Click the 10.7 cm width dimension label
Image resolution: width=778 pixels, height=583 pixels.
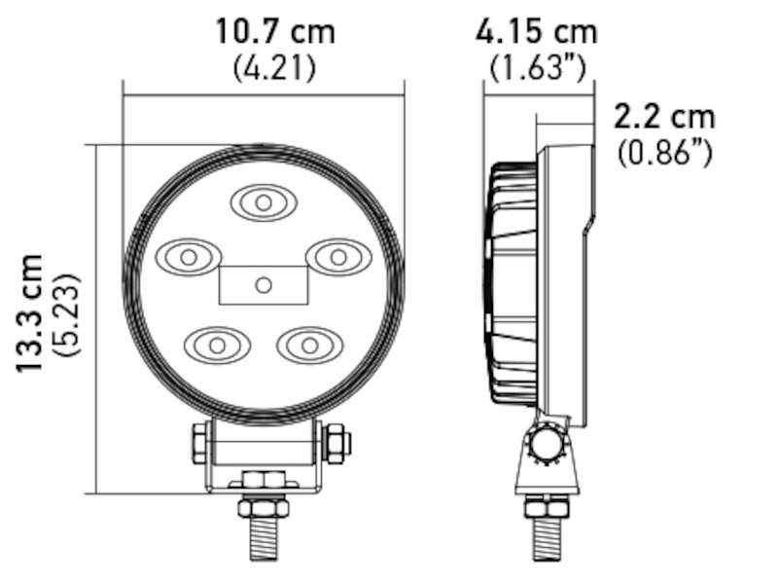pyautogui.click(x=275, y=31)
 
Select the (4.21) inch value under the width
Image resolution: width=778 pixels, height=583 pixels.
pyautogui.click(x=275, y=68)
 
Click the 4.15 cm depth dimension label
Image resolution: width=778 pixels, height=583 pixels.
pyautogui.click(x=536, y=31)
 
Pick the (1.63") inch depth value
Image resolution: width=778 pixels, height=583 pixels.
pyautogui.click(x=536, y=68)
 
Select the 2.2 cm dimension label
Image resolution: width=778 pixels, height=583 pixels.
pyautogui.click(x=664, y=117)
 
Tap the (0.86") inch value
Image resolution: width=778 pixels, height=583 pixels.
pyautogui.click(x=664, y=153)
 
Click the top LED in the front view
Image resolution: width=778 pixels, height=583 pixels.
pyautogui.click(x=263, y=202)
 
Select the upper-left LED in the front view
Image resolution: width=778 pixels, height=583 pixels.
pyautogui.click(x=189, y=257)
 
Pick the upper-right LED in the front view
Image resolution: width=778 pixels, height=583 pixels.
pyautogui.click(x=337, y=257)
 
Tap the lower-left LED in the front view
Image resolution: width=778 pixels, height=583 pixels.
pyautogui.click(x=217, y=345)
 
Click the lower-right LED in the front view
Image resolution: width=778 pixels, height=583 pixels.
pyautogui.click(x=309, y=345)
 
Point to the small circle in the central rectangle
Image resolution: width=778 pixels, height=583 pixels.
pyautogui.click(x=263, y=284)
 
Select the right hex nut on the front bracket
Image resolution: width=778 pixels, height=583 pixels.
pyautogui.click(x=336, y=444)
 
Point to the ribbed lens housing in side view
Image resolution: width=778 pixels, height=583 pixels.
pyautogui.click(x=512, y=282)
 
